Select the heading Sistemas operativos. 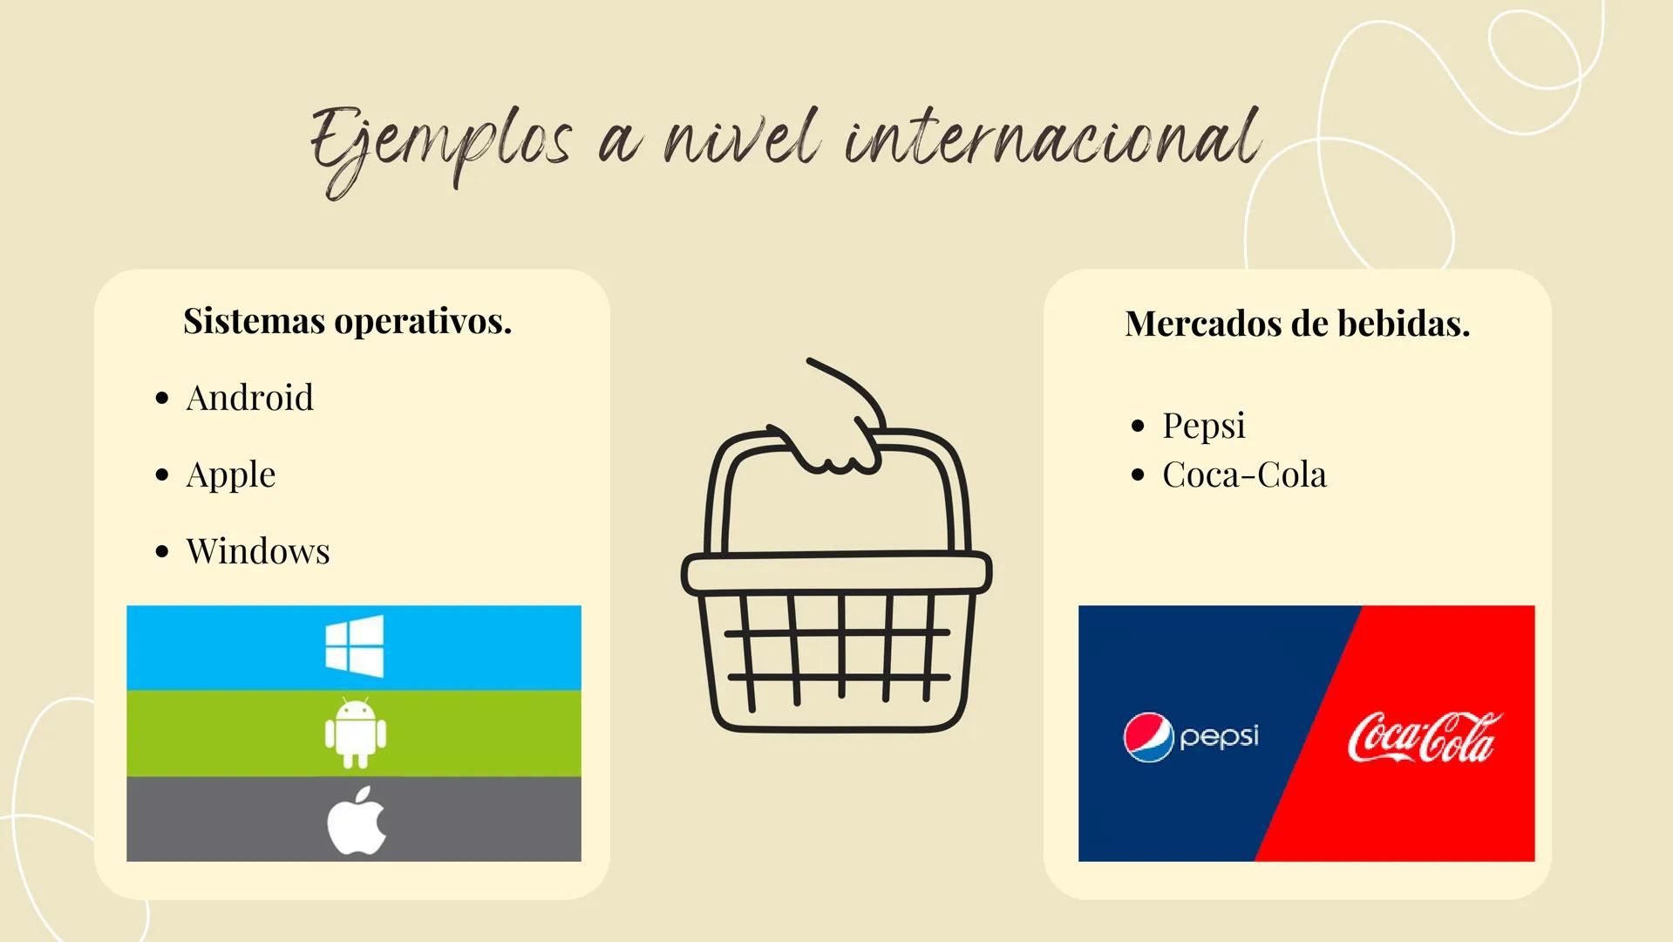(x=347, y=321)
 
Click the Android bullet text (x=249, y=398)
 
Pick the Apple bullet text (x=230, y=474)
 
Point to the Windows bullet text (x=257, y=551)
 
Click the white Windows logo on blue (x=354, y=646)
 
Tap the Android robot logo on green (x=354, y=733)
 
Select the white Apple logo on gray (x=356, y=820)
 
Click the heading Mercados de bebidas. (x=1297, y=324)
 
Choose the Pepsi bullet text (x=1203, y=426)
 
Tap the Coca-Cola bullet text (x=1244, y=474)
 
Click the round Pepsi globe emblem (x=1148, y=737)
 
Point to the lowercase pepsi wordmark (x=1219, y=737)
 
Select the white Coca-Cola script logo (x=1424, y=737)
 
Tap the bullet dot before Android (x=161, y=399)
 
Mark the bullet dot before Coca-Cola (x=1137, y=475)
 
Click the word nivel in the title (x=741, y=140)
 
